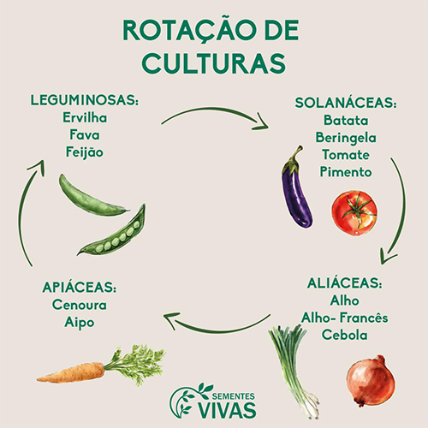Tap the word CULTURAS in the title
click(214, 63)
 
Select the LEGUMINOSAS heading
click(85, 100)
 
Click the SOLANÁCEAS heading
click(346, 103)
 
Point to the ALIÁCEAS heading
click(345, 283)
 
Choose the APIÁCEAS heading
click(80, 287)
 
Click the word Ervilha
click(85, 117)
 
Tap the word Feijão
click(85, 152)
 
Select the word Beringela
click(346, 138)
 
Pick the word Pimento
click(346, 172)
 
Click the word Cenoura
click(80, 305)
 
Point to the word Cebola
click(345, 335)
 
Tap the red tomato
click(354, 213)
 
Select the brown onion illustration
click(371, 380)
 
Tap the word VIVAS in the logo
click(227, 410)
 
